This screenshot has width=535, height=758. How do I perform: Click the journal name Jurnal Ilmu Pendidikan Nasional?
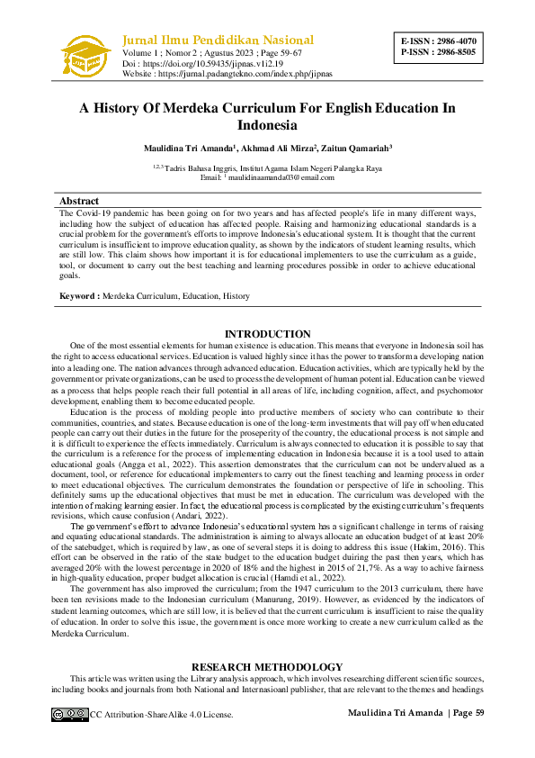click(218, 40)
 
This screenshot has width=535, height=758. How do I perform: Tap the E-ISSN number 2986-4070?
click(454, 41)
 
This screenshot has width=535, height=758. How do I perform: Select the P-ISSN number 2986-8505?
click(454, 52)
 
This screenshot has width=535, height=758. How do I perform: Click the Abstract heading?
click(78, 201)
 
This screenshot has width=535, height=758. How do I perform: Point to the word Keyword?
click(78, 296)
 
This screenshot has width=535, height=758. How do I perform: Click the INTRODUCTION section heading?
click(267, 334)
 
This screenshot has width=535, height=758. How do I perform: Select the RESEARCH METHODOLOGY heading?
click(267, 667)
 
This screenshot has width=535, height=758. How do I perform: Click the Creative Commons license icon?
click(69, 714)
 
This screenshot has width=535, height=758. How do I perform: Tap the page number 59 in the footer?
click(479, 714)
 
